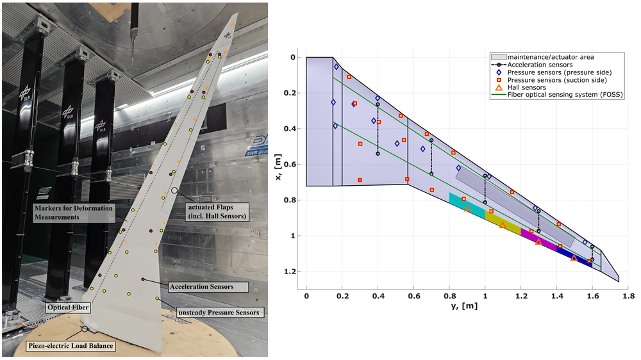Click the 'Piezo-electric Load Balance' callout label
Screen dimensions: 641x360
tap(71, 346)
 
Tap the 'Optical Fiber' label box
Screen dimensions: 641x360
tap(68, 307)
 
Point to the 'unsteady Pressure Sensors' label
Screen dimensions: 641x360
tap(219, 313)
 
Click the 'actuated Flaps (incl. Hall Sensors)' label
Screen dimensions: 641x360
tap(217, 211)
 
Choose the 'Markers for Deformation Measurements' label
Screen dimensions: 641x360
tap(74, 213)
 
